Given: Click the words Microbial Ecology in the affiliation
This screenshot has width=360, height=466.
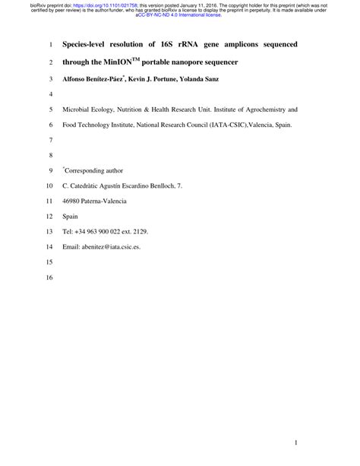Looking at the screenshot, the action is (x=89, y=109).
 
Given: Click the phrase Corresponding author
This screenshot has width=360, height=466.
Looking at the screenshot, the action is (x=94, y=170).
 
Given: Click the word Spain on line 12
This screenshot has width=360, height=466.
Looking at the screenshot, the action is (x=71, y=216).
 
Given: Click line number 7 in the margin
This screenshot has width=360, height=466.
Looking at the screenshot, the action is (x=51, y=140).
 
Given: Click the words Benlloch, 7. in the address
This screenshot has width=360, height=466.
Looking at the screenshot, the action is (x=165, y=185).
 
